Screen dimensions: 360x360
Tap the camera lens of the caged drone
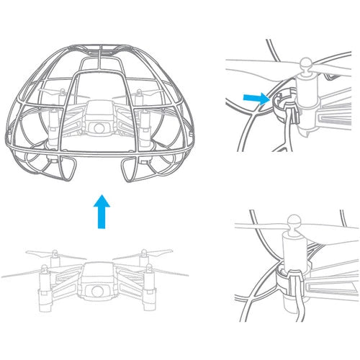tap(96, 127)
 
